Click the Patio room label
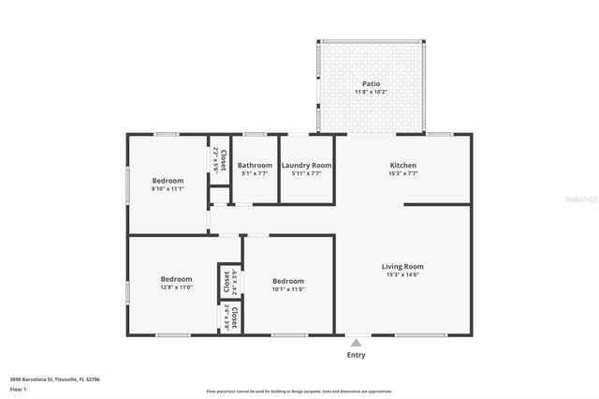coord(373,83)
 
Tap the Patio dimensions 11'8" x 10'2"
coord(373,92)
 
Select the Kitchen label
coord(403,165)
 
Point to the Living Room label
coord(402,267)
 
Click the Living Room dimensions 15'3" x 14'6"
coord(402,275)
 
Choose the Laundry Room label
coord(306,165)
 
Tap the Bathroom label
coord(255,165)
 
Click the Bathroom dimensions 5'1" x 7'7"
coord(255,173)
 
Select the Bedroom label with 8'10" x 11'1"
coord(168,180)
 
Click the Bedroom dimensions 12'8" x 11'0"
coord(176,288)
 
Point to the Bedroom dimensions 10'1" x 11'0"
coord(288,289)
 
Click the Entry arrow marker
coord(356,342)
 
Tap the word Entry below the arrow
coord(356,355)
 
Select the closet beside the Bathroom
coord(219,160)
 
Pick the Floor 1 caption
coord(18,388)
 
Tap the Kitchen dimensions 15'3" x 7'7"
coord(403,173)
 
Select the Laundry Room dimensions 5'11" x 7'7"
coord(306,173)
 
